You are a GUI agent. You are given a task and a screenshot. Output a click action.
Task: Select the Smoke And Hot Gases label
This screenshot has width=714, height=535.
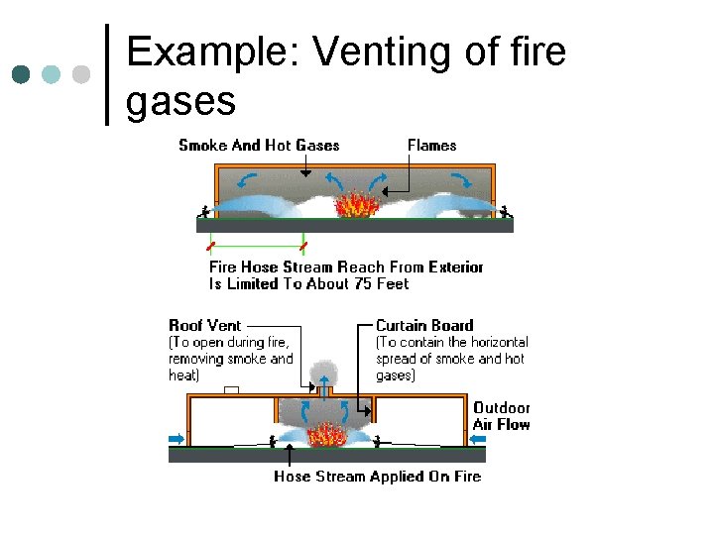(259, 146)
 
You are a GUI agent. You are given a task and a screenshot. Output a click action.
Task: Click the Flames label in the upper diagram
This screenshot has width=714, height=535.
(432, 146)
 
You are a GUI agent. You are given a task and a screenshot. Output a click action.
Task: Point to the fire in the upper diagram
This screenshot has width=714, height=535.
(353, 204)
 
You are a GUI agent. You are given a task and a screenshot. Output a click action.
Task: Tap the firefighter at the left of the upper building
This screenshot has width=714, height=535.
(205, 211)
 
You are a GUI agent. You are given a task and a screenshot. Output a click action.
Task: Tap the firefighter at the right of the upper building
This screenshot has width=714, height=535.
(506, 210)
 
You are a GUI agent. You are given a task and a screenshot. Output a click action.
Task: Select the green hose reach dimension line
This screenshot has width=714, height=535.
(257, 245)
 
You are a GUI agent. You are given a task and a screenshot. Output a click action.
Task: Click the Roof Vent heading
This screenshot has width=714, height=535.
(205, 325)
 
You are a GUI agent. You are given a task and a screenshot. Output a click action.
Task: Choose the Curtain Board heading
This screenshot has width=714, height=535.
(424, 325)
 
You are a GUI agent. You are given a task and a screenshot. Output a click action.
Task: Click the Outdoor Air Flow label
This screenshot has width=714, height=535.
(501, 416)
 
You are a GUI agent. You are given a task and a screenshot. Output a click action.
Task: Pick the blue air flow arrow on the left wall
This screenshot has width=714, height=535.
(177, 437)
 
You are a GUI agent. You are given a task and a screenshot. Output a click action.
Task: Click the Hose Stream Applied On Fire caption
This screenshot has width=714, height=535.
(377, 477)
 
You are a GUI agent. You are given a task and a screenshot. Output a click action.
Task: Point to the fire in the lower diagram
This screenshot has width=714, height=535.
(324, 435)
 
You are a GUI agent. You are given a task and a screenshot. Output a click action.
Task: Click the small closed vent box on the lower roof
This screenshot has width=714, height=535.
(231, 390)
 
